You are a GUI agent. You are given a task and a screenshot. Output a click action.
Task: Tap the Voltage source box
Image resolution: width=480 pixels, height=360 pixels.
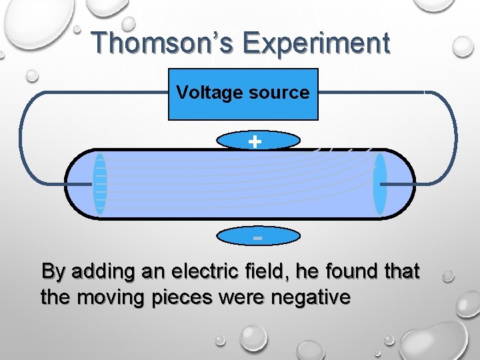pos(243,94)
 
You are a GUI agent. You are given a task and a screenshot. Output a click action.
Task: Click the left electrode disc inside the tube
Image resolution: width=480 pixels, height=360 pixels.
pos(100,184)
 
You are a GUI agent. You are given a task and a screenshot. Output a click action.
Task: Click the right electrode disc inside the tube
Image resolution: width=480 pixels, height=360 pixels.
pos(380,184)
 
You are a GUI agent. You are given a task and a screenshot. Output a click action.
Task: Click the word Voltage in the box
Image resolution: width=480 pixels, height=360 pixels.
pos(207,92)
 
